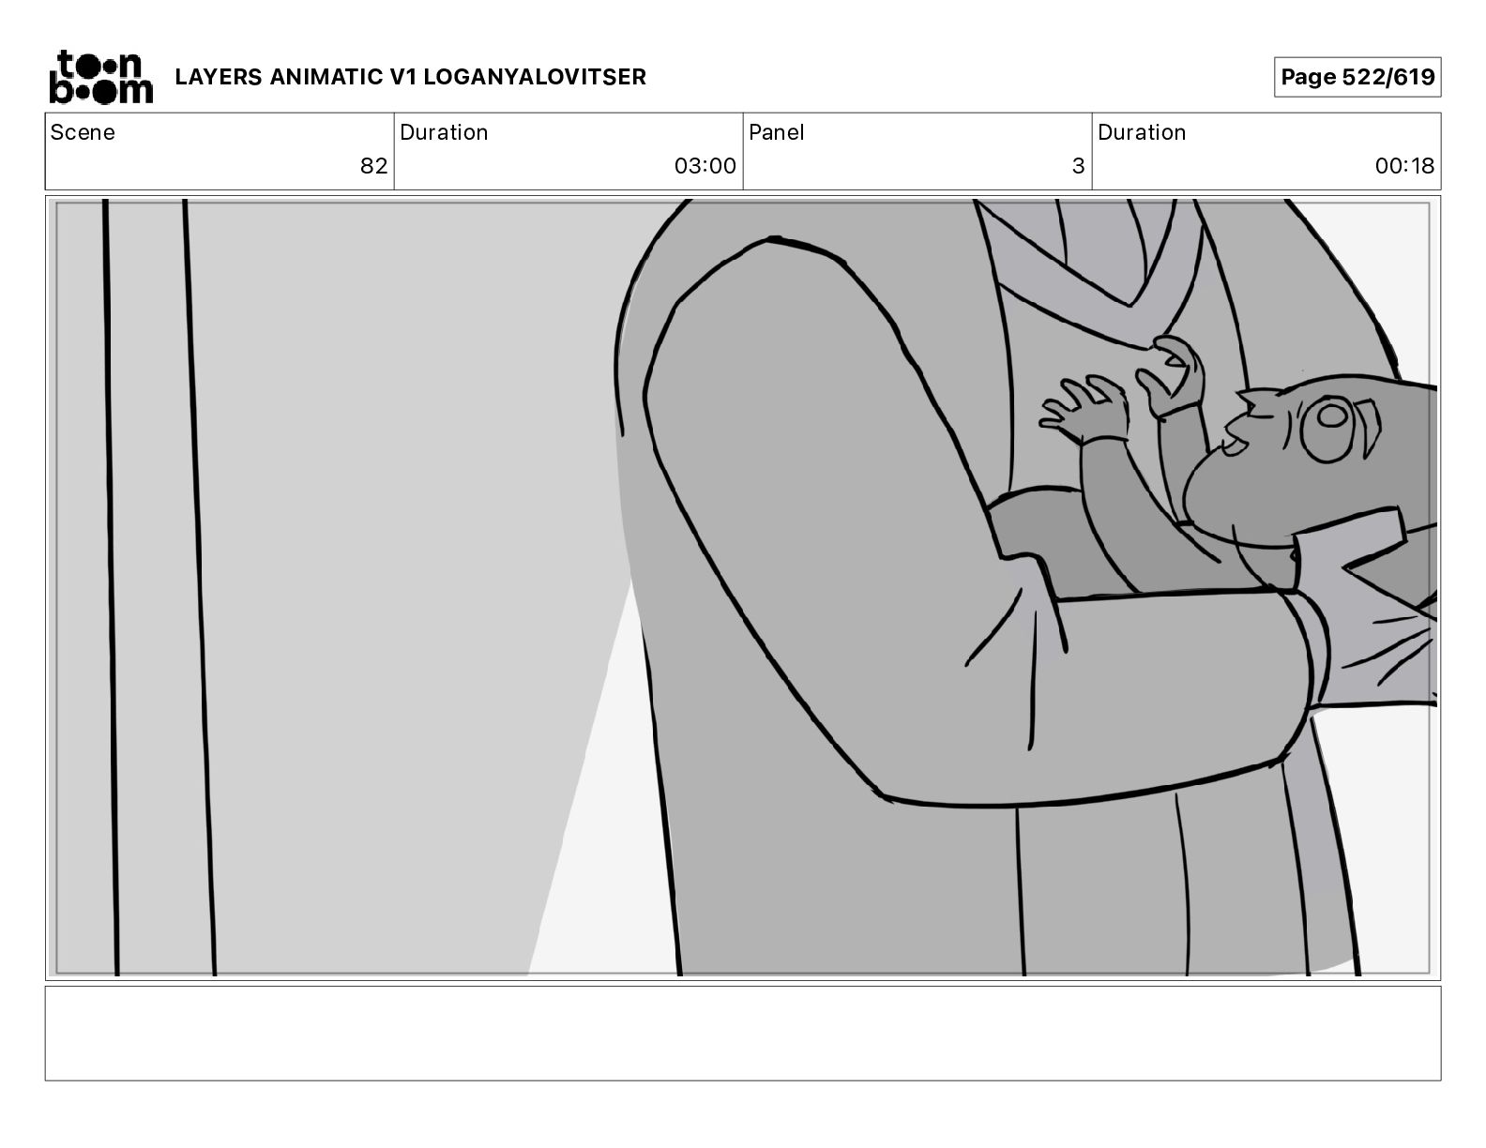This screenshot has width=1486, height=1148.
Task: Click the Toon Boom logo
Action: pos(101,77)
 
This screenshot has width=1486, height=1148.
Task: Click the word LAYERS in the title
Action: pos(219,77)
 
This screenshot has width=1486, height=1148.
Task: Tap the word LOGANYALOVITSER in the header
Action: pos(535,77)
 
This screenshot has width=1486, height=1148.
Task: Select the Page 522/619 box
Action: pos(1357,77)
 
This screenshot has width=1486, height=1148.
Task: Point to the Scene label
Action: pos(83,132)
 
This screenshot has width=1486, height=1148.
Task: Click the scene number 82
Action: pos(374,166)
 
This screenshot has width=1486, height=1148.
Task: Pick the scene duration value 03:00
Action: pos(705,166)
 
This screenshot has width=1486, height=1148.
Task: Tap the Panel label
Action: pos(776,132)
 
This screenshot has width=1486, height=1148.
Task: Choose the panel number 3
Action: pos(1079,166)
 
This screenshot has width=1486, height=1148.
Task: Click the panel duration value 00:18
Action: pos(1404,166)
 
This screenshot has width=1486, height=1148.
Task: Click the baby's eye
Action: pos(1328,430)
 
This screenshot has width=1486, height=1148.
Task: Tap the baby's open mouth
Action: pos(1234,445)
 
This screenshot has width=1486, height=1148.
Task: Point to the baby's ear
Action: pos(1369,428)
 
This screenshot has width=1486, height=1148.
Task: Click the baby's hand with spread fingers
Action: pos(1085,409)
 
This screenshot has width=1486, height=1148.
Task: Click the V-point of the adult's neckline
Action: pos(1130,304)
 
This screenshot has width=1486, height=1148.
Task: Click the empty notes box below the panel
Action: pos(743,1034)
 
